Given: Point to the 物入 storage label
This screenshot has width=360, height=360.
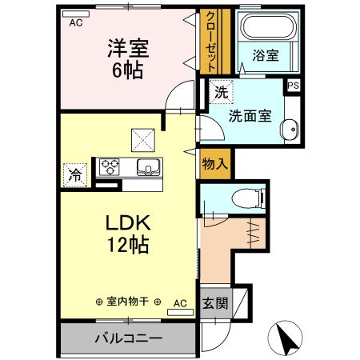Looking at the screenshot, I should tap(215, 163).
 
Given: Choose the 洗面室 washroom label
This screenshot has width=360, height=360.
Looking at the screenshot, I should tap(250, 115).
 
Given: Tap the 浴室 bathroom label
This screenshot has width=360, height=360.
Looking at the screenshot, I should tap(265, 57).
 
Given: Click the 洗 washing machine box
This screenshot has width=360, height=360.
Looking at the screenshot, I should tap(221, 92).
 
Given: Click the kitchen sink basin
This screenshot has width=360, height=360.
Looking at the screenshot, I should tap(150, 167).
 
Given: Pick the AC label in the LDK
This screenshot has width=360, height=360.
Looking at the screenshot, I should tap(180, 303).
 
